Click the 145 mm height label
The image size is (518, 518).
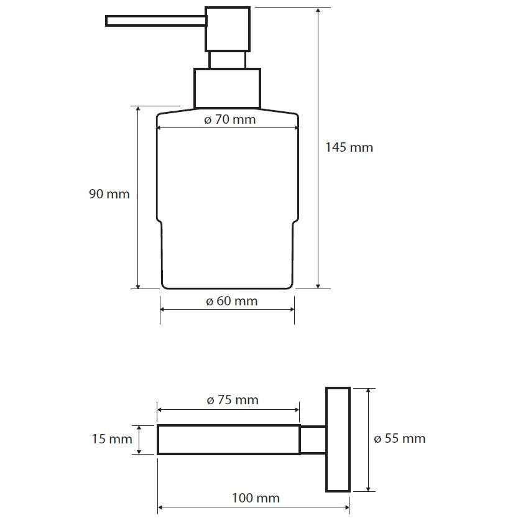click(349, 147)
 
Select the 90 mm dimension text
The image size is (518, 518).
click(109, 194)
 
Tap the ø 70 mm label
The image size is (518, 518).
click(230, 119)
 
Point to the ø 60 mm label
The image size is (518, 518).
click(231, 301)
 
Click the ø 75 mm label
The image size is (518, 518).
click(233, 400)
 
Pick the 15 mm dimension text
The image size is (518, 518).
click(112, 439)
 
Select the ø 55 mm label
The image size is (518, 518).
click(400, 439)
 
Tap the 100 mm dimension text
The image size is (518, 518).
click(256, 498)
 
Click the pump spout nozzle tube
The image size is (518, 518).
click(156, 21)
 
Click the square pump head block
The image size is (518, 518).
click(228, 29)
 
